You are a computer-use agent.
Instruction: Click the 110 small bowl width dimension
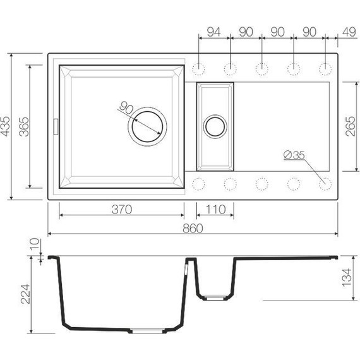[215, 210]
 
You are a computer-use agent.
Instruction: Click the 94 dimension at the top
[214, 32]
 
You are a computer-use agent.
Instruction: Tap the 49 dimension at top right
[347, 32]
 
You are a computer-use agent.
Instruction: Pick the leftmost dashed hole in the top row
[200, 68]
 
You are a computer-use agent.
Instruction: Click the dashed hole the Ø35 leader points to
[325, 183]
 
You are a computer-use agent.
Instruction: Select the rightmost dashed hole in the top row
[325, 68]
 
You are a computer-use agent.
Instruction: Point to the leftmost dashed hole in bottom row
[200, 183]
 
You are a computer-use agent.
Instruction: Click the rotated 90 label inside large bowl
[125, 109]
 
